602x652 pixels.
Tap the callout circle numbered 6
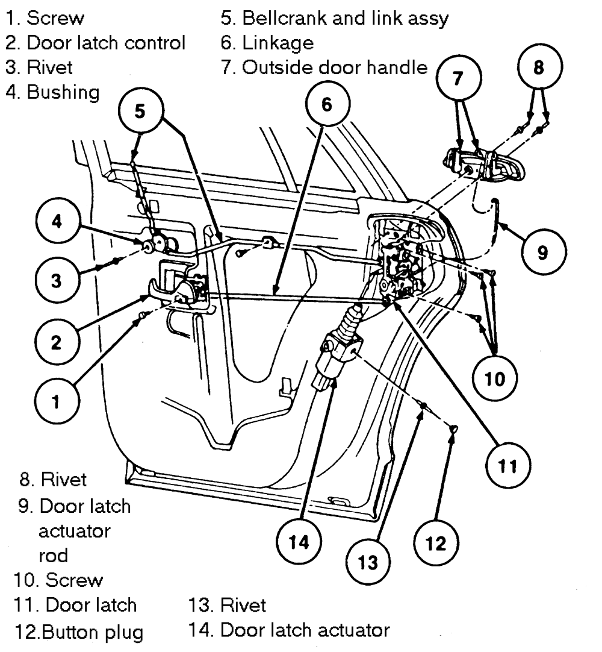pyautogui.click(x=326, y=104)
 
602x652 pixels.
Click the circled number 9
pyautogui.click(x=542, y=253)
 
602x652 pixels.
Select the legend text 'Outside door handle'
pyautogui.click(x=334, y=67)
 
